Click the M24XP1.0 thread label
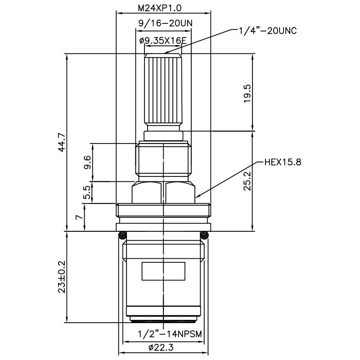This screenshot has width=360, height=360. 163,8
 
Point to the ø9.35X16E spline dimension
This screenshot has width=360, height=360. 163,40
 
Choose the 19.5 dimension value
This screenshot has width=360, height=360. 247,93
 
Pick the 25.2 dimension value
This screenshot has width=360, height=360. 247,180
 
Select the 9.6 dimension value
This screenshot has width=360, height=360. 87,162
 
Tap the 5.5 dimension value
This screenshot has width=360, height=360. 87,193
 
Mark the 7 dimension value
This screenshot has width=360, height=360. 80,217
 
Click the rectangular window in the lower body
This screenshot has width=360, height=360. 163,271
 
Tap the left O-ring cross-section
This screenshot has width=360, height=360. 121,235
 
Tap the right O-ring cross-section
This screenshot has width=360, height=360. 205,235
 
